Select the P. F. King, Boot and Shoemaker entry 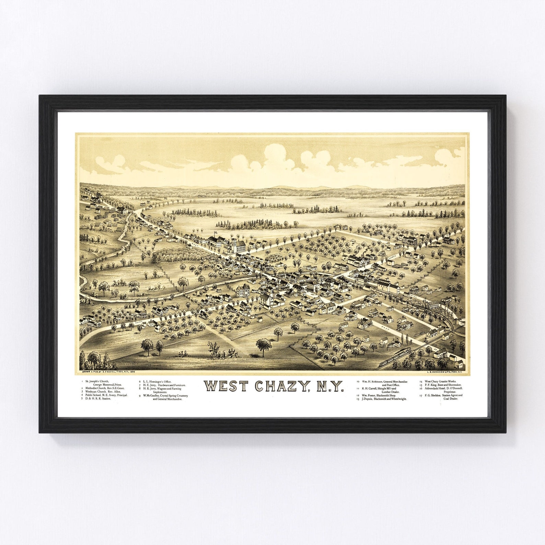click(443, 385)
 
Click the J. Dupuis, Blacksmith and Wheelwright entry click(381, 399)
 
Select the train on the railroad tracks click(395, 358)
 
